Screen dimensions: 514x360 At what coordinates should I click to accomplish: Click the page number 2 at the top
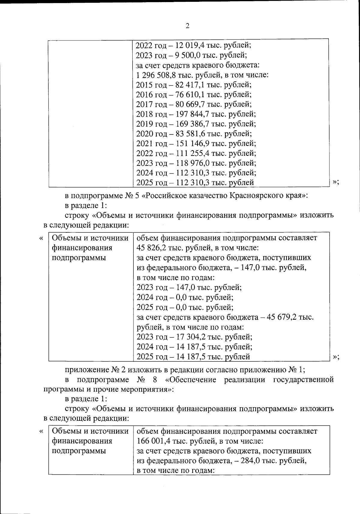pos(187,26)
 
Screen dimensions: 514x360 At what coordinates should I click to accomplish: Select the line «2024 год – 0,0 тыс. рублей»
pos(185,297)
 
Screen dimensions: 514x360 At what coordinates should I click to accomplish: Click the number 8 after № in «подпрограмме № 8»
pos(155,380)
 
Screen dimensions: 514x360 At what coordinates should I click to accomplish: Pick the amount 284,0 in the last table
pos(253,461)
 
